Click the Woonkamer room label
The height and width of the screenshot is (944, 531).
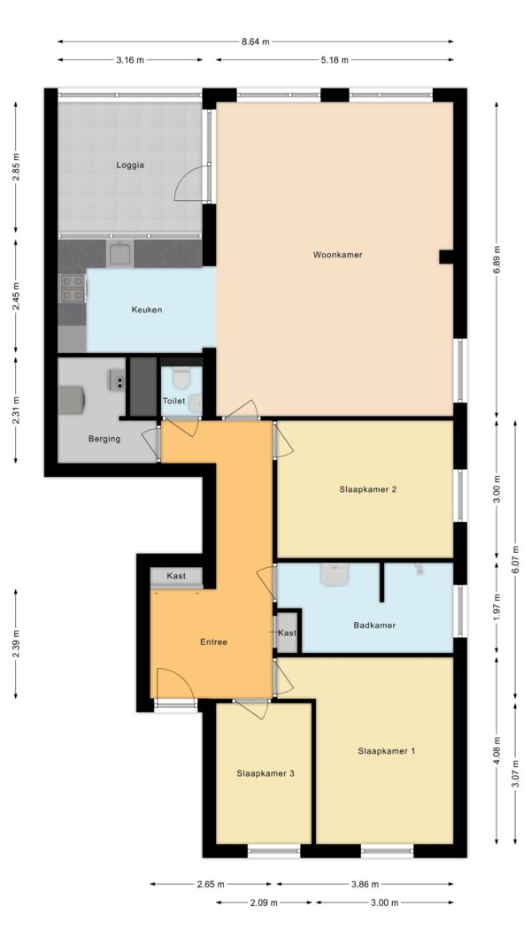337,255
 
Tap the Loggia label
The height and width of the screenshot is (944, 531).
130,165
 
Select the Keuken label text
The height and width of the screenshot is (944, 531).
147,310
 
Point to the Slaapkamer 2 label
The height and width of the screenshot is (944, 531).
367,489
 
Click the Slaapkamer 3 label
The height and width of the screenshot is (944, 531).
265,773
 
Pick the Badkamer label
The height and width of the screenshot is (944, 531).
374,625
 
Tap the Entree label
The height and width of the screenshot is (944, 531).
213,642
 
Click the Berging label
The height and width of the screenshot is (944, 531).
104,439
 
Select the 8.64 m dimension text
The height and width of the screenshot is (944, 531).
255,42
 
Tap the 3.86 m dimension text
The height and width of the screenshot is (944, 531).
365,885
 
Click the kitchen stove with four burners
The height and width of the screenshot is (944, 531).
73,288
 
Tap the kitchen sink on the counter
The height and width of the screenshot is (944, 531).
121,253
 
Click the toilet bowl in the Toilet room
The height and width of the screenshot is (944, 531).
181,378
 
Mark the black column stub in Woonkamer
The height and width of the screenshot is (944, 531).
446,257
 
